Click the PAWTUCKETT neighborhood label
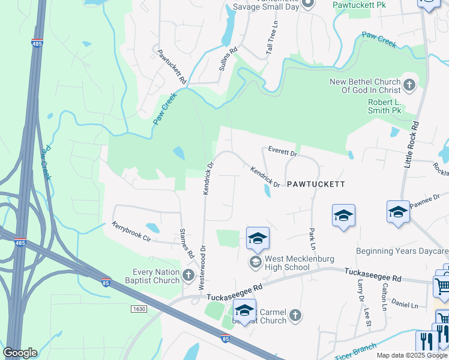pos(315,184)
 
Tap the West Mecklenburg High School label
pos(288,263)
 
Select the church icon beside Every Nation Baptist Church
pos(188,275)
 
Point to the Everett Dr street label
pos(283,153)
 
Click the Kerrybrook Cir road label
pos(131,231)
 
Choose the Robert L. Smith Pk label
pos(384,106)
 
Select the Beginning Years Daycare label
pos(402,251)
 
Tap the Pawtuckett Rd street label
pos(172,65)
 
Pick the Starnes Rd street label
pos(187,243)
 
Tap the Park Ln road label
pos(312,238)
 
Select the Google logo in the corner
pos(20,353)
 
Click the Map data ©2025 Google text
pos(411,355)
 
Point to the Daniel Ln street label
pos(405,305)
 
